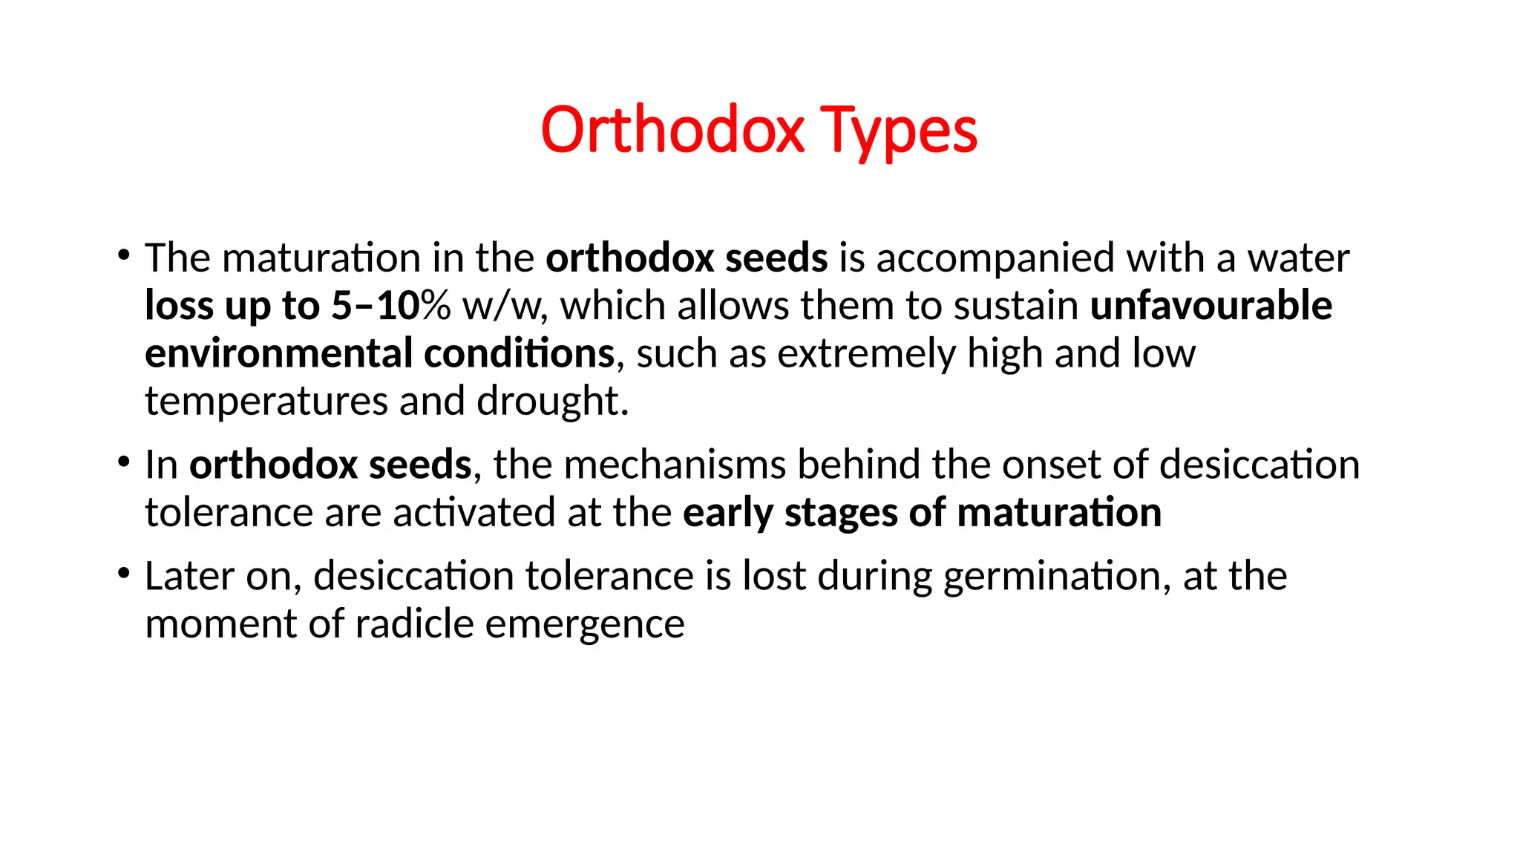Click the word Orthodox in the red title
[x=672, y=131]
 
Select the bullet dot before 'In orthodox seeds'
[x=123, y=462]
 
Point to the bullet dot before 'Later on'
[x=123, y=574]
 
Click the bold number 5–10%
[x=390, y=306]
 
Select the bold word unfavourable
[x=1211, y=306]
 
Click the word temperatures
[x=266, y=402]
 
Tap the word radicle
[x=414, y=623]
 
